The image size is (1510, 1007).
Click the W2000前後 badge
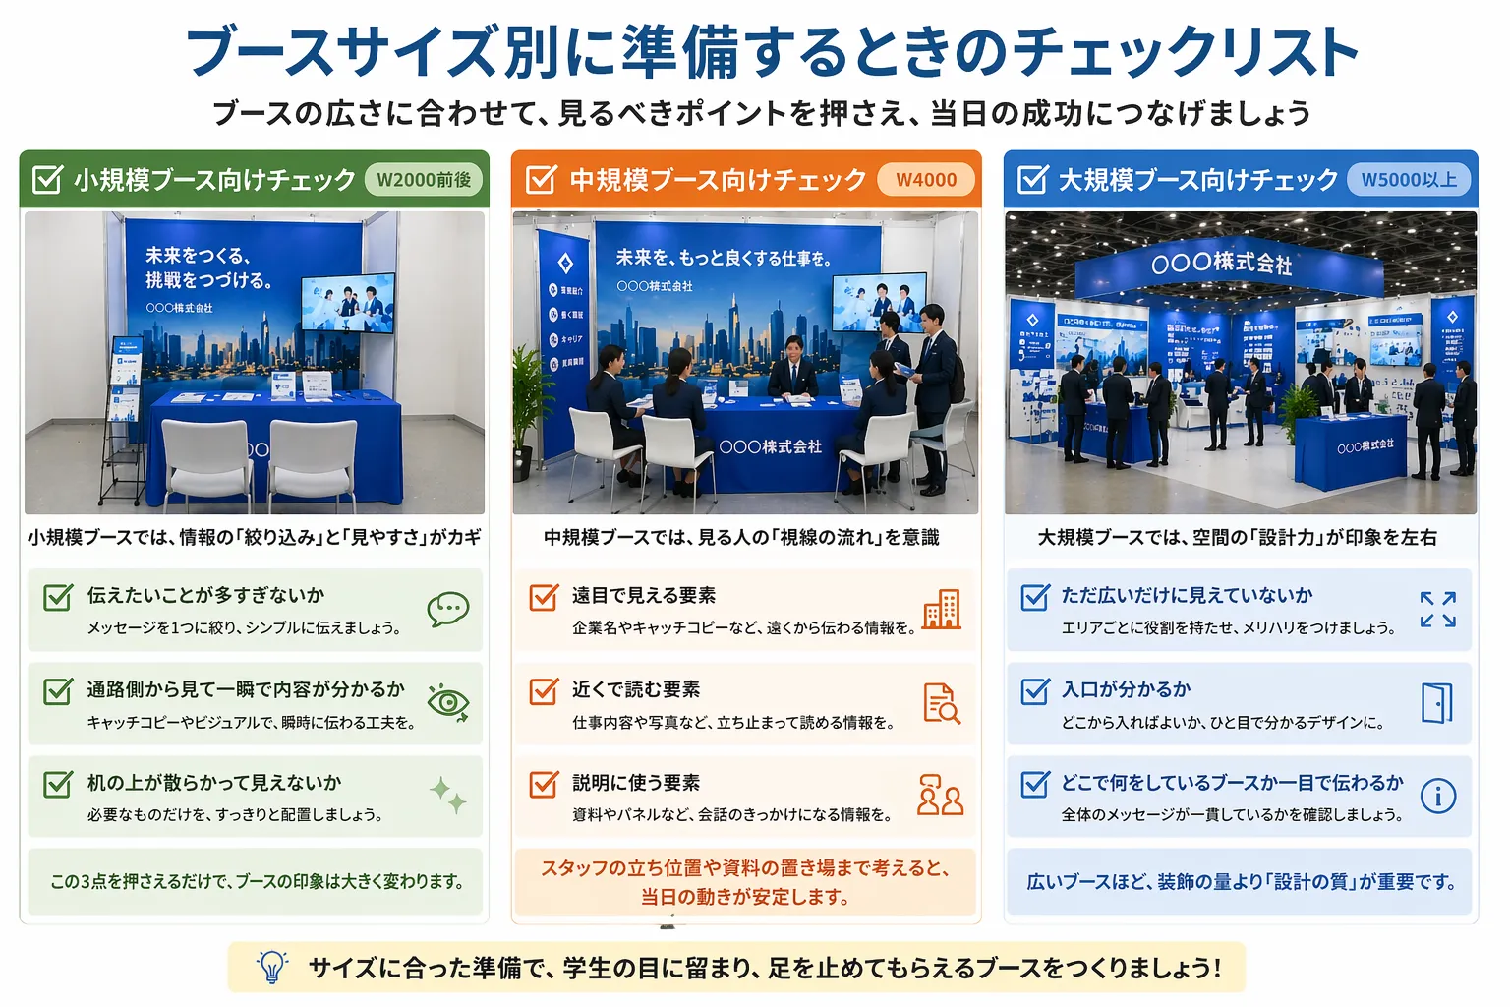pos(424,180)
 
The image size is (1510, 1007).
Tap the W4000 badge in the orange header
pos(926,180)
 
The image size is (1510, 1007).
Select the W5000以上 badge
pos(1409,180)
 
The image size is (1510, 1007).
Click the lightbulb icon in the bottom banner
pos(272,967)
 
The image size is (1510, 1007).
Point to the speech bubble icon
pos(447,610)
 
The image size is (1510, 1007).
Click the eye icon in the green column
pos(448,702)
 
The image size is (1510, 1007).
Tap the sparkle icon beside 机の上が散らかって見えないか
pos(448,794)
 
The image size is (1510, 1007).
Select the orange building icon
pos(941,610)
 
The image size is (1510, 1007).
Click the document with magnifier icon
pos(941,703)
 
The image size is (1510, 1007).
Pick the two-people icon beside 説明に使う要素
pos(940,796)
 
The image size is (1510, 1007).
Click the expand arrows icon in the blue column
pos(1437,610)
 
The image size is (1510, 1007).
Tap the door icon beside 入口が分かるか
pos(1436,703)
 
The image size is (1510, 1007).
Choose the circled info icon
pos(1437,796)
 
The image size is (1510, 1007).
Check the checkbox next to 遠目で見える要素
pos(544,597)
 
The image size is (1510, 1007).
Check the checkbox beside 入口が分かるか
pos(1035,691)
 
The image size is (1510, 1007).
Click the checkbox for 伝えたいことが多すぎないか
pos(58,597)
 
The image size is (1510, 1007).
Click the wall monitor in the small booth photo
pos(347,303)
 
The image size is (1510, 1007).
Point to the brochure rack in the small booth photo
pos(124,413)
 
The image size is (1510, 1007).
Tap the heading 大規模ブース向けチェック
pos(1197,180)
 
